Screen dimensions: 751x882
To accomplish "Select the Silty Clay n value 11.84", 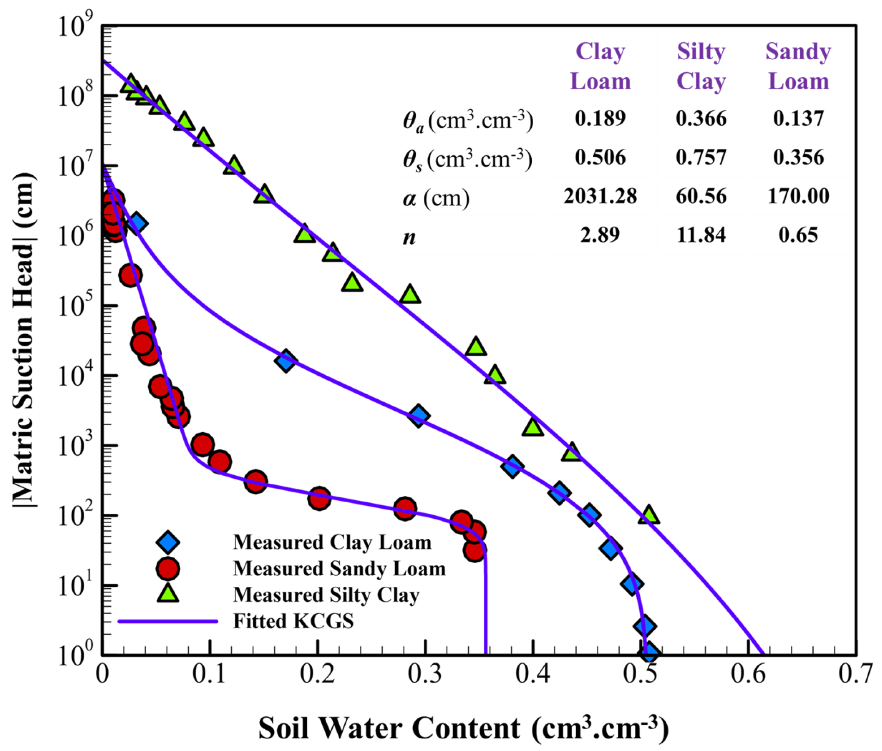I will click(701, 235).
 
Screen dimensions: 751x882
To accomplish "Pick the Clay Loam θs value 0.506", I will click(600, 157).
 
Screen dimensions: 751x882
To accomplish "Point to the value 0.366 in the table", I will click(701, 118).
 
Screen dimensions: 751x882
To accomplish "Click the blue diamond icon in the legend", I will click(168, 542).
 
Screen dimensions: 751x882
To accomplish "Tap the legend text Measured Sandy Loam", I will click(339, 568).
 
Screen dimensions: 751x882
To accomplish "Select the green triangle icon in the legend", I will click(168, 594).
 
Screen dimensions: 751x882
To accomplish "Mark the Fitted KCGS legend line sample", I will click(168, 621).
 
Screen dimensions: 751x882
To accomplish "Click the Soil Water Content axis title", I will click(463, 727).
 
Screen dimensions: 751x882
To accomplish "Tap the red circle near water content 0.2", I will click(319, 498).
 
